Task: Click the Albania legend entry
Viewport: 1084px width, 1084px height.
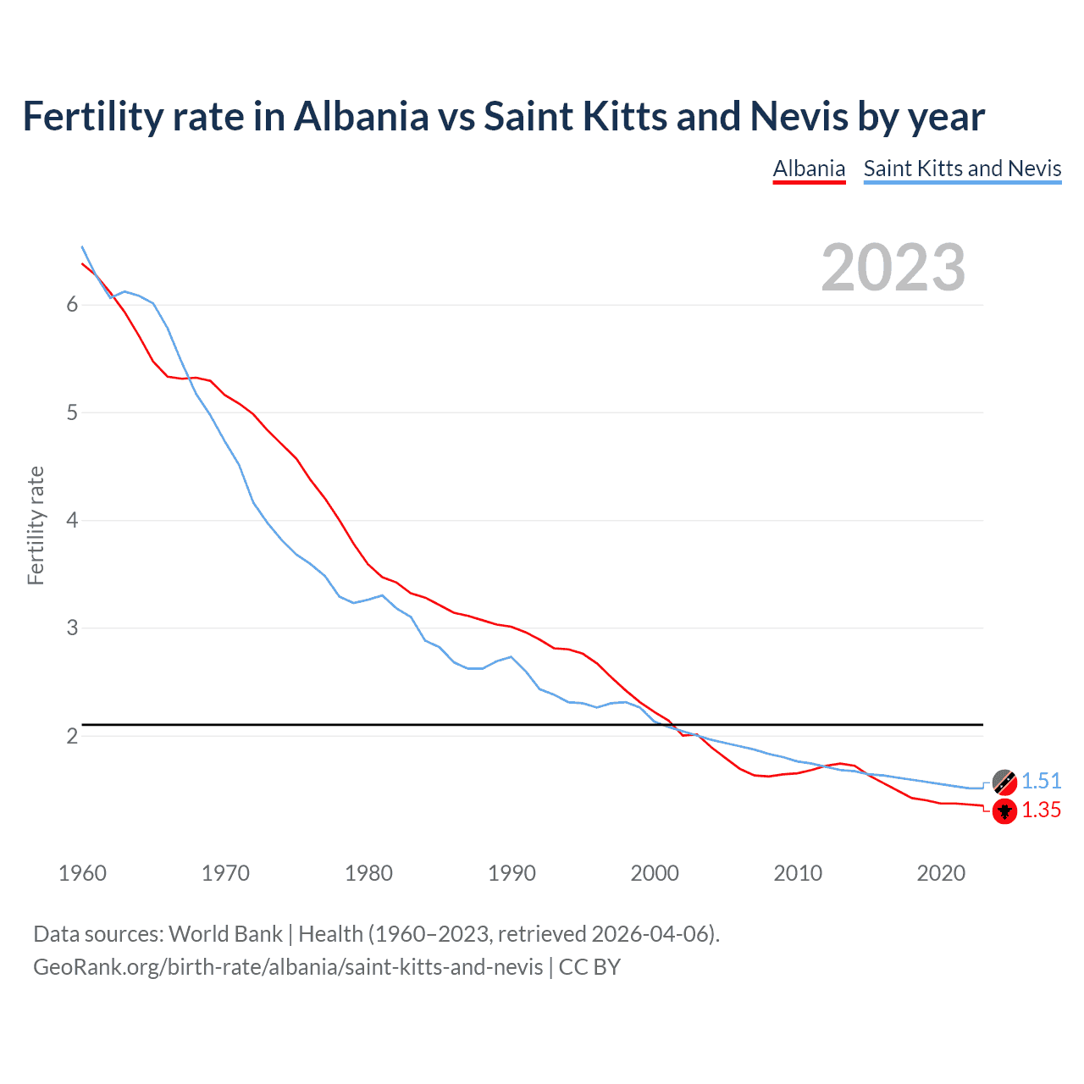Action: (809, 169)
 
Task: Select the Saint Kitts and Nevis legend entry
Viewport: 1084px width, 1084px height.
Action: (962, 169)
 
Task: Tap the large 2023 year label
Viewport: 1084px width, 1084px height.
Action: (893, 268)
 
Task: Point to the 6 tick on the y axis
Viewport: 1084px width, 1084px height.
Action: (72, 305)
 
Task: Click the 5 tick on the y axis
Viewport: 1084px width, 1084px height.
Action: (72, 412)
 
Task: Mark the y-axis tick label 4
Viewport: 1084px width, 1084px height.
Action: (72, 520)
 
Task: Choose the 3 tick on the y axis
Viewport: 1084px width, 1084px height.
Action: (72, 628)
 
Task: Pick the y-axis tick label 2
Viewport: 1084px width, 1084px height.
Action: (72, 736)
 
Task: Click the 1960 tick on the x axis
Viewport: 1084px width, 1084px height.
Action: (82, 873)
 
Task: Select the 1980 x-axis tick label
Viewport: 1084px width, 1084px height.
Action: (368, 873)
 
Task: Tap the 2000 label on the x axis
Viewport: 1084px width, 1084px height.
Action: (655, 873)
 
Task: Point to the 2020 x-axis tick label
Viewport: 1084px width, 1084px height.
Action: (941, 873)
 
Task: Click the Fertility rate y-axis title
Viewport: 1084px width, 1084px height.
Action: (36, 525)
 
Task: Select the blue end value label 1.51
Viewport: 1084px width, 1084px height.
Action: (1041, 781)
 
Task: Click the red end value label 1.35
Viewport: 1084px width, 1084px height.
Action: (1041, 810)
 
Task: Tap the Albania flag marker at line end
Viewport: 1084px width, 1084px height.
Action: (1004, 811)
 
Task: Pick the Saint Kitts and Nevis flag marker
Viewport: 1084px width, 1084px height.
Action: (1004, 781)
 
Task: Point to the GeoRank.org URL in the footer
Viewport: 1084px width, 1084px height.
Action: (288, 966)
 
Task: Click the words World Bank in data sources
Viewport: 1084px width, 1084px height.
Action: (225, 934)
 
